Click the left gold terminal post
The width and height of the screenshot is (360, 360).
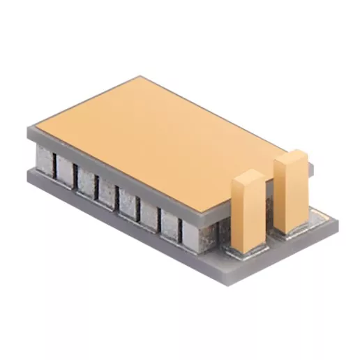tap(248, 213)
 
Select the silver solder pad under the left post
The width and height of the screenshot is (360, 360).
tap(246, 250)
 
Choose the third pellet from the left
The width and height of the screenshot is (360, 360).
tap(87, 180)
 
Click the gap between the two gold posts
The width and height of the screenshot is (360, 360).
tap(269, 209)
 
